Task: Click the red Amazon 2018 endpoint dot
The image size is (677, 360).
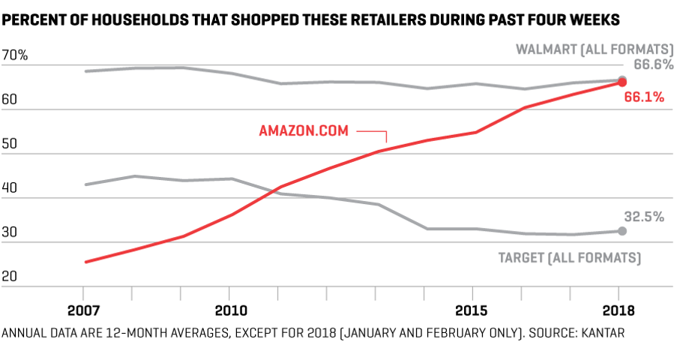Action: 622,82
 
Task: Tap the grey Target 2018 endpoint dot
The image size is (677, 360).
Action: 622,231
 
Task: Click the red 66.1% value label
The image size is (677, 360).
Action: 646,97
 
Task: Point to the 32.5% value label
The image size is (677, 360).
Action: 646,217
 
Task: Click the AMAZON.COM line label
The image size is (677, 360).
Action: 304,130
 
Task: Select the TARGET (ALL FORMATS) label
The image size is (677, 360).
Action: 569,258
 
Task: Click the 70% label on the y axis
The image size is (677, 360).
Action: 16,56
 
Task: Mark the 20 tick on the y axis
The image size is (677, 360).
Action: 10,277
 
